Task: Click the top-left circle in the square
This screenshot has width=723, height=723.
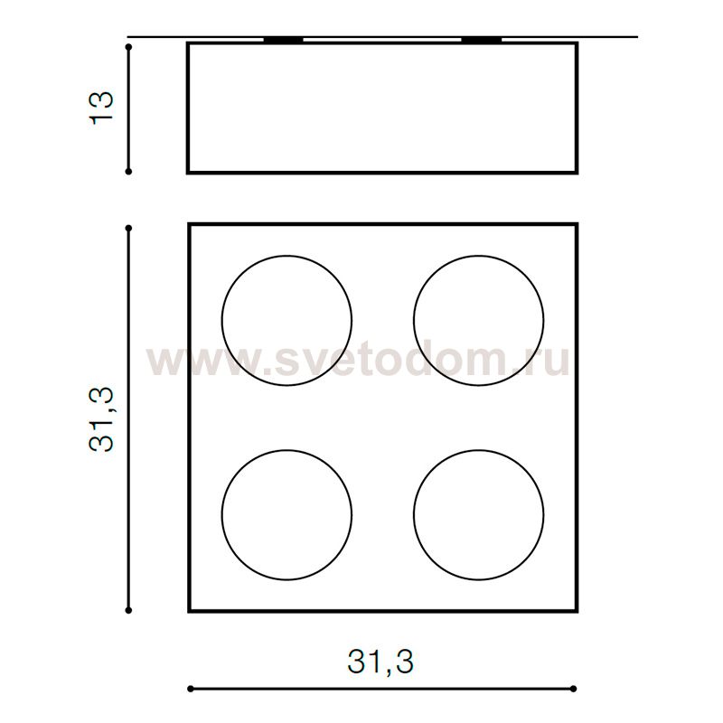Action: tap(221, 321)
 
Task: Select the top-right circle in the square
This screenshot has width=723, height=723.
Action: tap(414, 321)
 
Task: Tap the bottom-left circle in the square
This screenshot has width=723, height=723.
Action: tap(221, 514)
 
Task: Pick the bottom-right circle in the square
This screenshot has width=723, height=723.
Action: tap(414, 514)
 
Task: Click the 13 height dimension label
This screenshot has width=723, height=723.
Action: tap(101, 108)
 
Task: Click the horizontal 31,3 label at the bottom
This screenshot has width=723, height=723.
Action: tap(380, 662)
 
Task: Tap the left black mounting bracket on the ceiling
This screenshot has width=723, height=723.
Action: tap(283, 40)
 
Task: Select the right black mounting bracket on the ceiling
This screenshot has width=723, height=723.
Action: tap(482, 40)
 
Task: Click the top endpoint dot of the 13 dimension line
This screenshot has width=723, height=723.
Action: tap(128, 47)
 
